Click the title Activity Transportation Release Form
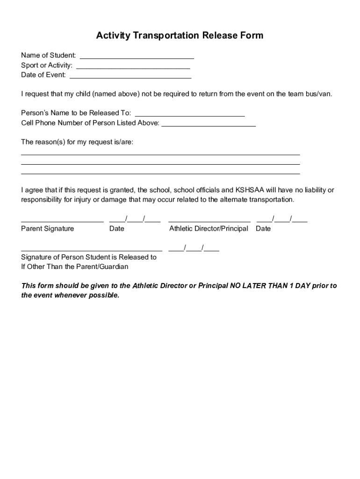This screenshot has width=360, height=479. (x=180, y=36)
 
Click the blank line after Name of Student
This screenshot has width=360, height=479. (x=136, y=58)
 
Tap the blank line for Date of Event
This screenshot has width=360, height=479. (x=130, y=77)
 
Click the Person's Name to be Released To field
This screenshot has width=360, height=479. (x=189, y=115)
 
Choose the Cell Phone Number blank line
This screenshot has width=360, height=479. (x=209, y=125)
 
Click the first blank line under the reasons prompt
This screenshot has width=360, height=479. (x=160, y=153)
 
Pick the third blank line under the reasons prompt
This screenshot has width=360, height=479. (x=160, y=173)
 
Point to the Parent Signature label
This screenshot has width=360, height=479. (x=47, y=229)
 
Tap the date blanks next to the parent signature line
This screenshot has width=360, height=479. (x=135, y=220)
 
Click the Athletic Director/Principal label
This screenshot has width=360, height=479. (x=209, y=229)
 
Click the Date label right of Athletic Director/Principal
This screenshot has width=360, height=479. (x=263, y=229)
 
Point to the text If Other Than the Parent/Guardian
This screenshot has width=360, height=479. (x=75, y=267)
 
